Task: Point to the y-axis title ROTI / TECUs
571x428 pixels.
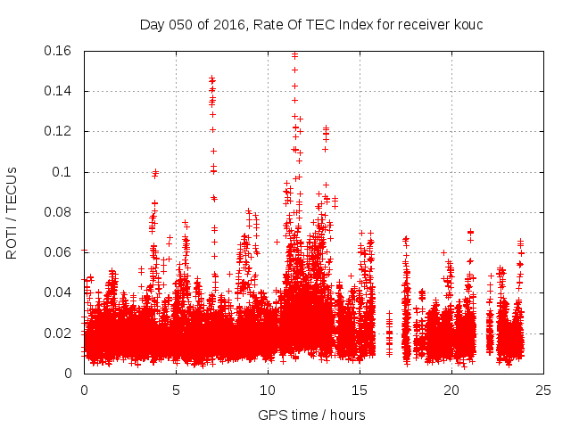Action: click(x=12, y=211)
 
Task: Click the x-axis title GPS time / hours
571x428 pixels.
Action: click(x=311, y=415)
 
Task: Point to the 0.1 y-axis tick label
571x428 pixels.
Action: click(x=64, y=171)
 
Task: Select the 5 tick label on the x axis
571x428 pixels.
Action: click(x=177, y=390)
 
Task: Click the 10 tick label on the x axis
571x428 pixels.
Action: click(x=268, y=390)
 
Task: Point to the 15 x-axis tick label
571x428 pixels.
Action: click(x=360, y=390)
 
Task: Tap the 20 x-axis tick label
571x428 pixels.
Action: click(x=451, y=390)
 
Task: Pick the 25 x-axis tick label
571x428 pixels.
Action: click(x=543, y=390)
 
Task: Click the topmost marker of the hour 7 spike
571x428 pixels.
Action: click(x=211, y=78)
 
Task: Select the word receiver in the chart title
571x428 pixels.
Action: click(x=419, y=24)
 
